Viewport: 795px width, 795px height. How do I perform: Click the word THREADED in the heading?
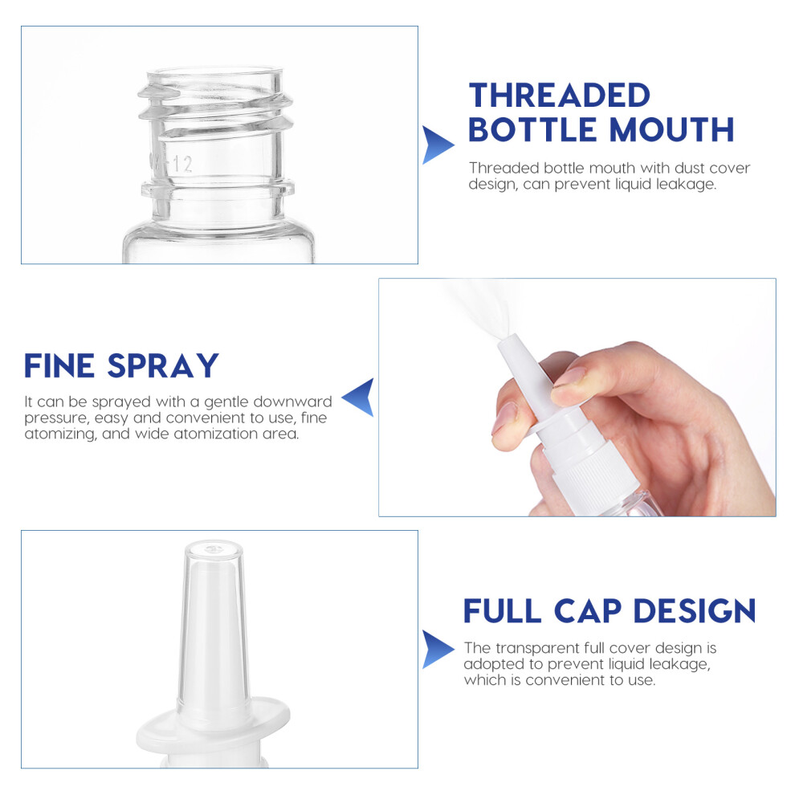click(559, 96)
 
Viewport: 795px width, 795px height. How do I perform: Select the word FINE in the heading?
click(59, 365)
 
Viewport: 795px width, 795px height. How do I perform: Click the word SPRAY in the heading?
click(163, 365)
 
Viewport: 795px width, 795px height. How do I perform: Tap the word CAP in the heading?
click(588, 610)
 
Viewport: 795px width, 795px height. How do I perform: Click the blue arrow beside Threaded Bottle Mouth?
click(438, 145)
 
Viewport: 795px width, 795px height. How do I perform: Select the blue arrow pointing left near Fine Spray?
click(358, 397)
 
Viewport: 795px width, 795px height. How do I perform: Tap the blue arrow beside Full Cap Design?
click(438, 649)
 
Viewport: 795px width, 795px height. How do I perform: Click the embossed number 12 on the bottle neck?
click(182, 165)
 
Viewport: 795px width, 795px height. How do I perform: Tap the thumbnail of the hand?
click(504, 418)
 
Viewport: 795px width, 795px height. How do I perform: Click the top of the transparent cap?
click(214, 549)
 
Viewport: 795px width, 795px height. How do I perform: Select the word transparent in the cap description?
click(537, 648)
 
